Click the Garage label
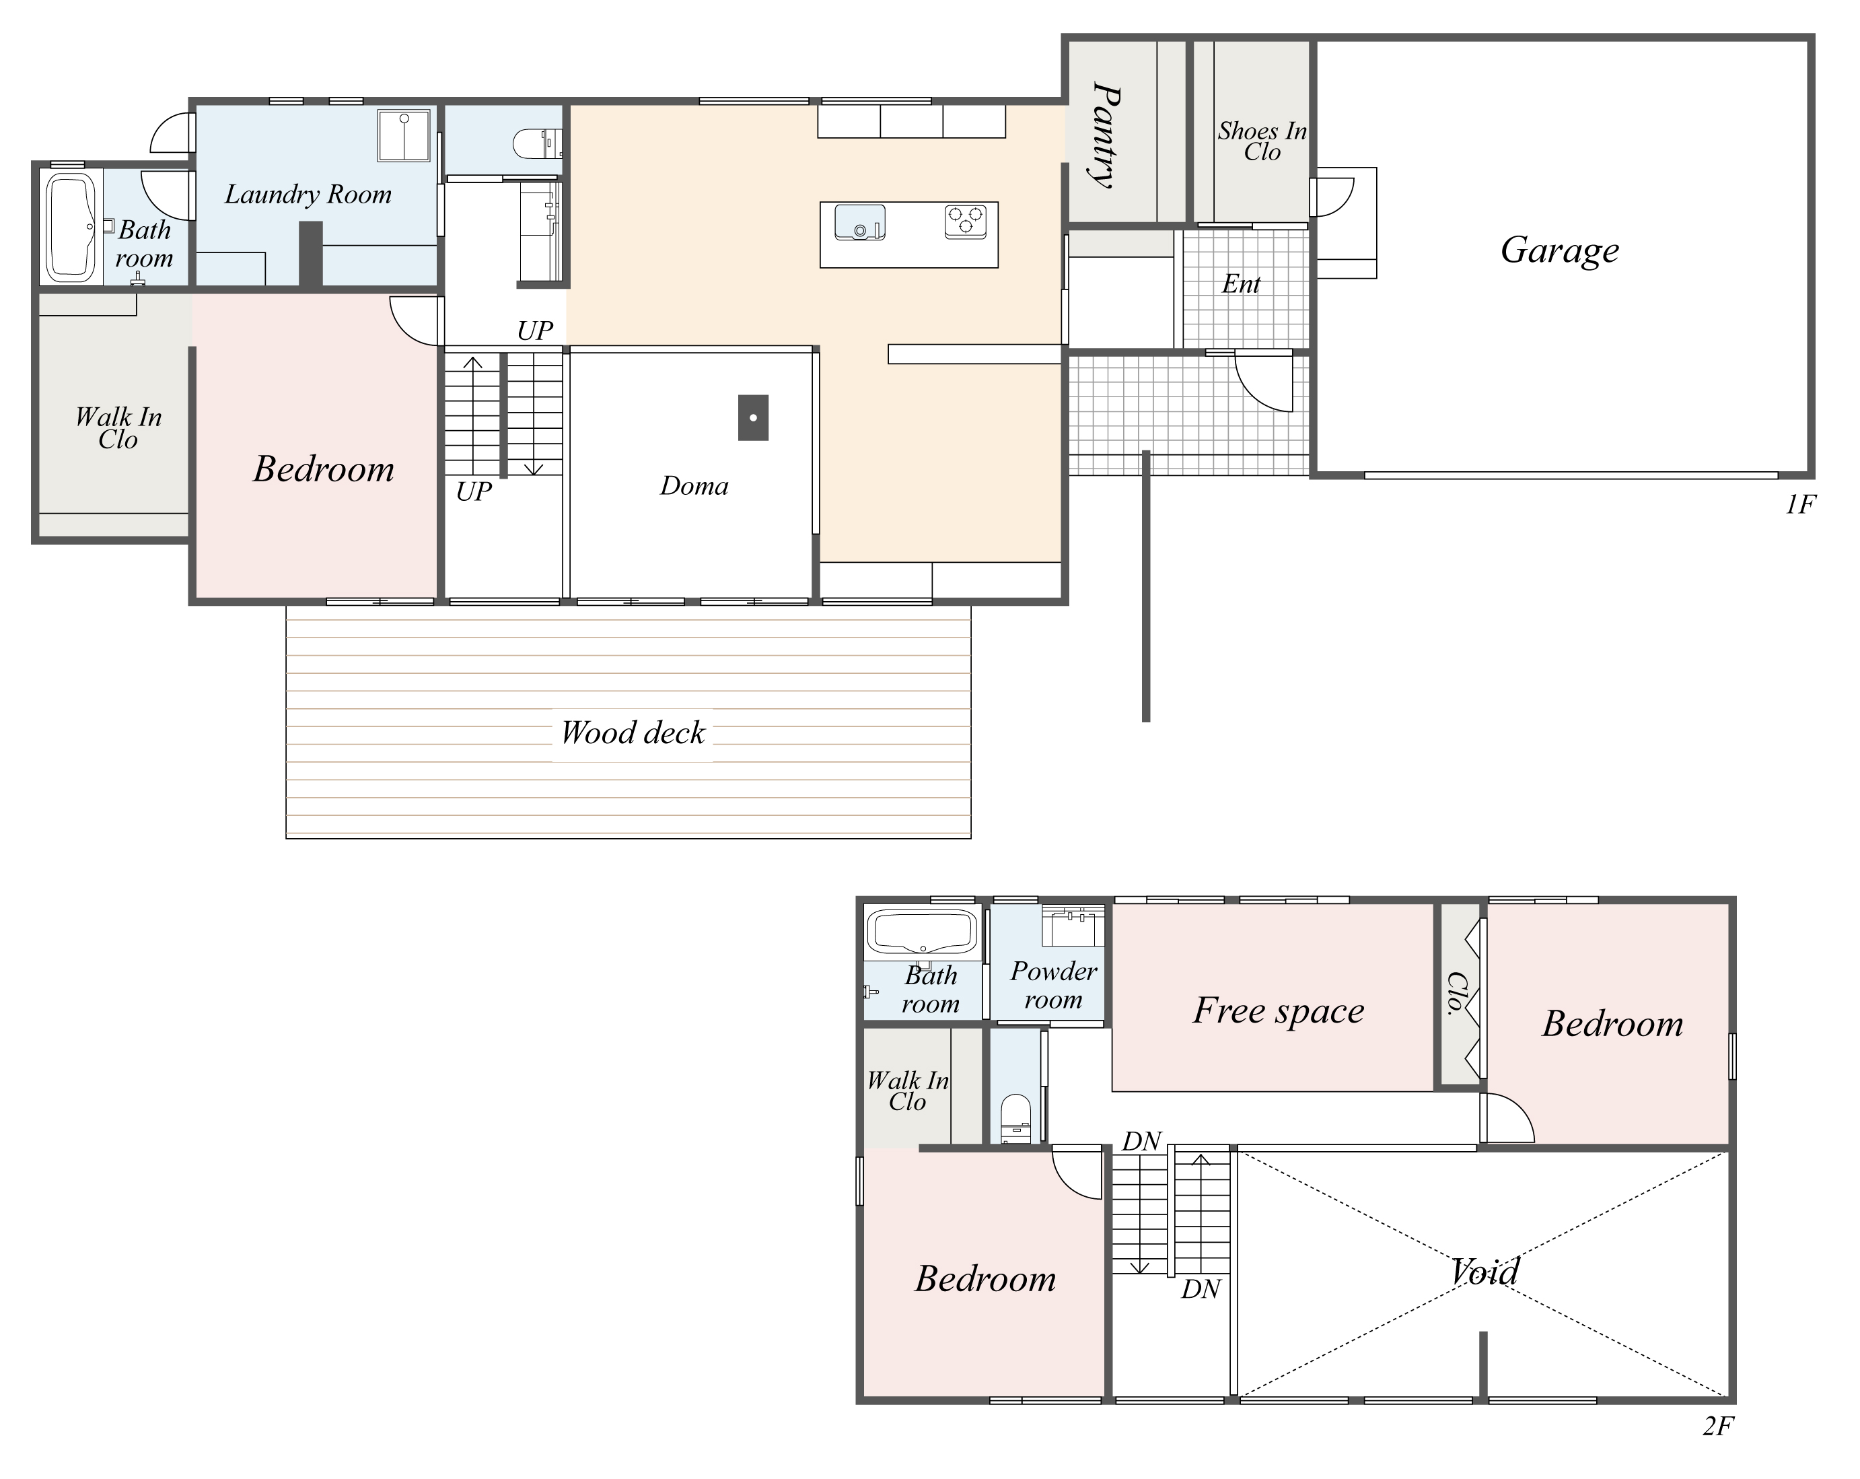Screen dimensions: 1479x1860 pyautogui.click(x=1559, y=250)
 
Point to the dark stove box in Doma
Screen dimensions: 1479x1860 pyautogui.click(x=753, y=417)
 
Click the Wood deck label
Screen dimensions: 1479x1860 pyautogui.click(x=633, y=732)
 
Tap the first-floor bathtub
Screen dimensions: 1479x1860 pyautogui.click(x=71, y=227)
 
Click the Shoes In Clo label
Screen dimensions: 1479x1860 pyautogui.click(x=1262, y=141)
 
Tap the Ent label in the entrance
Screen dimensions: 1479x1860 pyautogui.click(x=1241, y=284)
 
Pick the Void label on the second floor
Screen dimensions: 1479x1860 pyautogui.click(x=1484, y=1271)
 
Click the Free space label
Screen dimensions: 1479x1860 pyautogui.click(x=1278, y=1010)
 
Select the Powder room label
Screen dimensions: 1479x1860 pyautogui.click(x=1052, y=986)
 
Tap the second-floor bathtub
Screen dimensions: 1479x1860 pyautogui.click(x=921, y=932)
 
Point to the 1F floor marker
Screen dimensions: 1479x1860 pyautogui.click(x=1801, y=505)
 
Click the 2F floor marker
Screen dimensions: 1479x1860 pyautogui.click(x=1717, y=1426)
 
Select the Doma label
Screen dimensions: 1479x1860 pyautogui.click(x=694, y=486)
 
